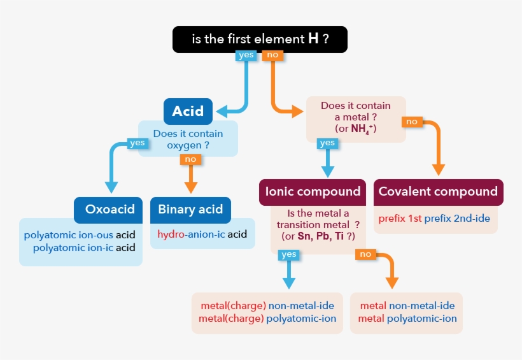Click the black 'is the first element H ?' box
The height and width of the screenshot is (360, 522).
click(x=260, y=39)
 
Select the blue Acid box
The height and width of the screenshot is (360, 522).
click(x=188, y=112)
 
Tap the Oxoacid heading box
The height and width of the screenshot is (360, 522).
click(x=109, y=210)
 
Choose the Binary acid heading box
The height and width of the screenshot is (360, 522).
click(x=190, y=210)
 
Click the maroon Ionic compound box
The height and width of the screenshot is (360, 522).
click(x=313, y=192)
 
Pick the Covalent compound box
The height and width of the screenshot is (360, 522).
click(x=438, y=192)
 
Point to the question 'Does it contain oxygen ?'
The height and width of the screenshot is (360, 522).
click(x=188, y=140)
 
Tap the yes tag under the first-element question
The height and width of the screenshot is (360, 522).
click(x=246, y=55)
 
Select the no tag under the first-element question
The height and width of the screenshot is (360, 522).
click(x=272, y=55)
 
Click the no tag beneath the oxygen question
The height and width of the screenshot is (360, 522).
click(x=190, y=159)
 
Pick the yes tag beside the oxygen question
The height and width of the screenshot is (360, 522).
click(x=138, y=143)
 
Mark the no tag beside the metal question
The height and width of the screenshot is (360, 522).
click(x=412, y=121)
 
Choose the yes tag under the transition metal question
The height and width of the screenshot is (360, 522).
click(x=289, y=254)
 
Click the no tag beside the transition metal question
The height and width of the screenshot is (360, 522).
click(x=365, y=254)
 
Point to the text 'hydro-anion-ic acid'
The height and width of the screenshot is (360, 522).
click(x=202, y=234)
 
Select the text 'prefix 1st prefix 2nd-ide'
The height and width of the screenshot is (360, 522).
click(x=434, y=219)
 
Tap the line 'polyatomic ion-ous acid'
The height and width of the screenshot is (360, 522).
click(x=80, y=234)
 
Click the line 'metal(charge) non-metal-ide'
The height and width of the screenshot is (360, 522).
click(x=267, y=306)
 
